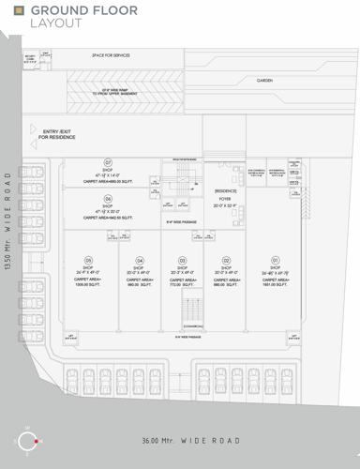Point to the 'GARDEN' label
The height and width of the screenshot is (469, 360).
[x=265, y=81]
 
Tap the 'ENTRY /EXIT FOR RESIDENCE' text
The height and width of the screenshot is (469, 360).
[x=57, y=134]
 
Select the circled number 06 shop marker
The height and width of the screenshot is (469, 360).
[x=108, y=199]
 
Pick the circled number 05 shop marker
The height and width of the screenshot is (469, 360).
[x=88, y=260]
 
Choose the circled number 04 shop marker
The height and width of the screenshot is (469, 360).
[x=139, y=260]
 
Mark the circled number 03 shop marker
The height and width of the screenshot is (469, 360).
[x=182, y=260]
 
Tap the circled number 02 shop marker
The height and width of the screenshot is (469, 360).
[x=226, y=260]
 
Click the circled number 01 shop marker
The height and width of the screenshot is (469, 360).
[x=276, y=260]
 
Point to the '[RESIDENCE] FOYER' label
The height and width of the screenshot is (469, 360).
[x=225, y=195]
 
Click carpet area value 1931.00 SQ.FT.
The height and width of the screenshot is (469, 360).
[x=276, y=284]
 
